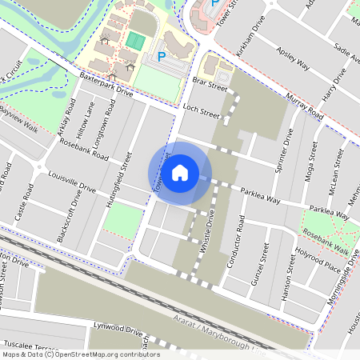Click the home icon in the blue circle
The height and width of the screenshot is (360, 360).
coord(180,173)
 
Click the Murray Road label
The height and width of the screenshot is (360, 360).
coord(304,106)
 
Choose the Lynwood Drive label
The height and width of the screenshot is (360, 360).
coord(118,329)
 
